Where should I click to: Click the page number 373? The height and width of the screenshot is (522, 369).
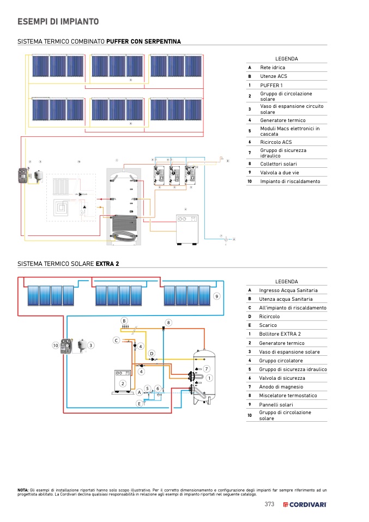pyautogui.click(x=269, y=505)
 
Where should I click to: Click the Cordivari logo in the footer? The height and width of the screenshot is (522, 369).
pyautogui.click(x=305, y=505)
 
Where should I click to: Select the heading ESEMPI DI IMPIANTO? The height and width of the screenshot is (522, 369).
pyautogui.click(x=58, y=22)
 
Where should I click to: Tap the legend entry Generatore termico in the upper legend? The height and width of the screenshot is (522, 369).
pyautogui.click(x=282, y=120)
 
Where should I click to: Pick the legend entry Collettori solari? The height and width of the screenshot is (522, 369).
pyautogui.click(x=278, y=163)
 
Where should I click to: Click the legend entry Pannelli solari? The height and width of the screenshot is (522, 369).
pyautogui.click(x=276, y=404)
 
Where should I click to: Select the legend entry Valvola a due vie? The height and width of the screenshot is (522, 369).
pyautogui.click(x=280, y=172)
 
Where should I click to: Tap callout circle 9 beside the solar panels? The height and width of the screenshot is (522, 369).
pyautogui.click(x=216, y=296)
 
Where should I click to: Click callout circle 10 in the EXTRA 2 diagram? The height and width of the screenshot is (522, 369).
pyautogui.click(x=55, y=345)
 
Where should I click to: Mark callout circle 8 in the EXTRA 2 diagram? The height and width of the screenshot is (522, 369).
pyautogui.click(x=168, y=323)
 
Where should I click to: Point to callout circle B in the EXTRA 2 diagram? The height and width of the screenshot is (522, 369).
pyautogui.click(x=124, y=320)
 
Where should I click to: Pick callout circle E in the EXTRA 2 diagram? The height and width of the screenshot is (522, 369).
pyautogui.click(x=140, y=403)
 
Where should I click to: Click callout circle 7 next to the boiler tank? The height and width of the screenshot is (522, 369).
pyautogui.click(x=207, y=369)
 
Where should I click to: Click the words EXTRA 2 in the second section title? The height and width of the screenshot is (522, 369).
pyautogui.click(x=107, y=264)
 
